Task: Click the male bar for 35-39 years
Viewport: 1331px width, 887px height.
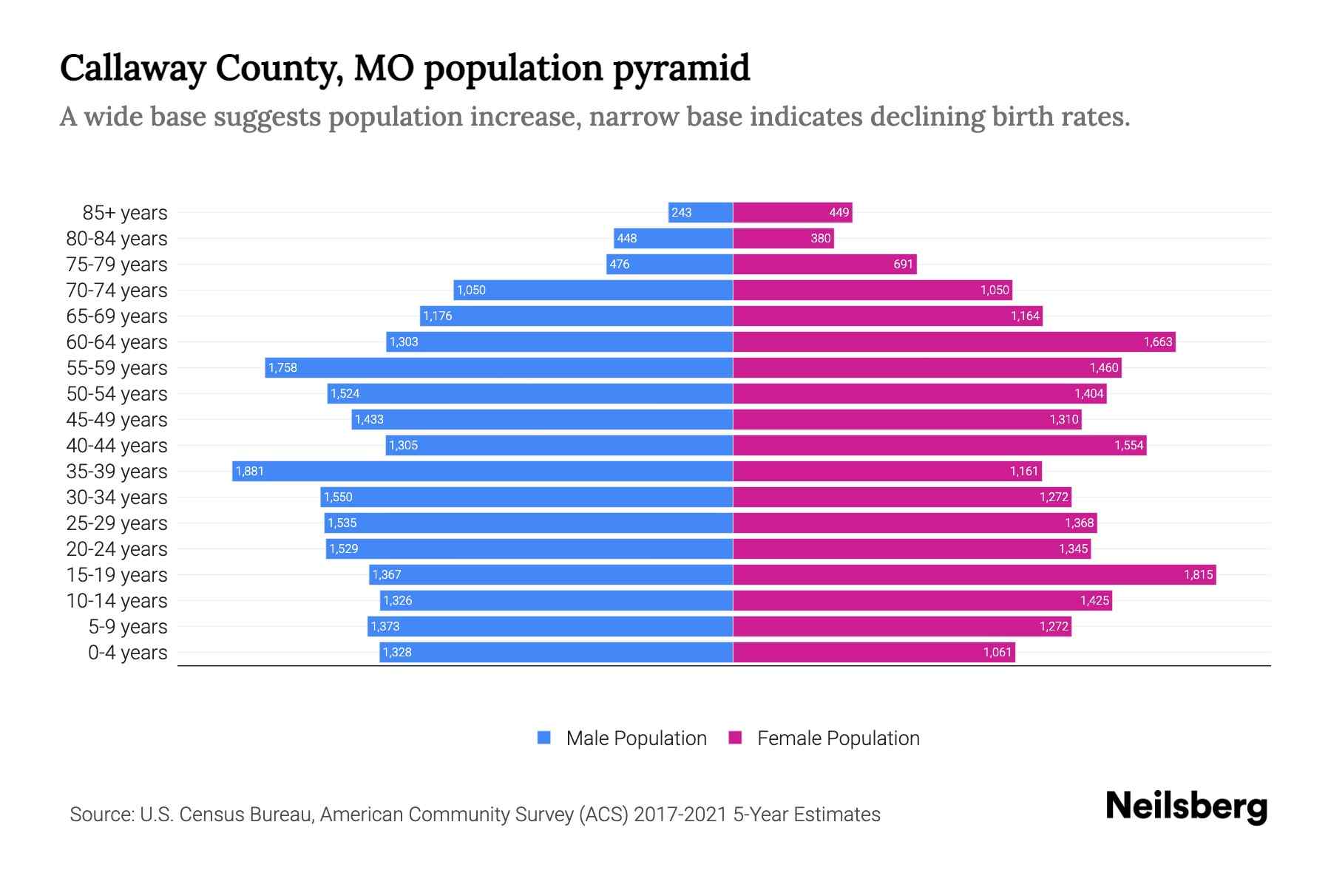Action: coord(482,471)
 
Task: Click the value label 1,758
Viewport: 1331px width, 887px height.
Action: coord(282,367)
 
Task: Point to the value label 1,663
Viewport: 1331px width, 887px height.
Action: coord(1157,341)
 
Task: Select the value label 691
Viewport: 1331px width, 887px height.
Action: coord(903,264)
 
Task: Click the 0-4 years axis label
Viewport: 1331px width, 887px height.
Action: coord(127,653)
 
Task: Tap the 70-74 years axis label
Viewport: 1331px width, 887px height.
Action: coord(117,290)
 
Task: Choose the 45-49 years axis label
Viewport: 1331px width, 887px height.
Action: coord(117,420)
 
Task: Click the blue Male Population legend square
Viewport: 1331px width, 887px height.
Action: coord(544,738)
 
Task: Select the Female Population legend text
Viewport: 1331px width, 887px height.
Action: coord(838,738)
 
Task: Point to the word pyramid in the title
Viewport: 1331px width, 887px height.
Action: coord(681,69)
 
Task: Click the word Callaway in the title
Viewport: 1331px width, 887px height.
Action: coord(133,69)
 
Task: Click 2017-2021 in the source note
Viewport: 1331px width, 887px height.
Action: coord(680,814)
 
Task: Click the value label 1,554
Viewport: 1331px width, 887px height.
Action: coord(1128,445)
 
